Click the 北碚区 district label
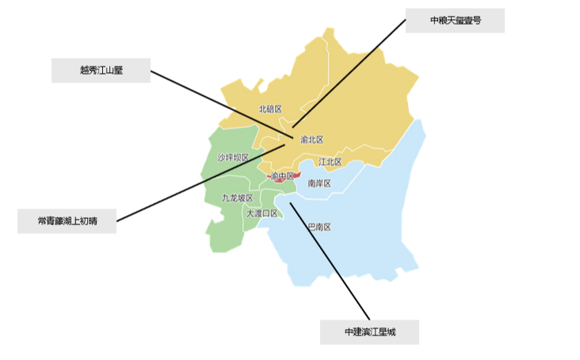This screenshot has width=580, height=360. pos(270,109)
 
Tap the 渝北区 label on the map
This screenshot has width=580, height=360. pos(312,140)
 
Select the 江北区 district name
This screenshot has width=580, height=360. pos(330,162)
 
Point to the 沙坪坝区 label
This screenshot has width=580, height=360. pos(233,158)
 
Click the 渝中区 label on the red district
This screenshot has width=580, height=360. pos(282,176)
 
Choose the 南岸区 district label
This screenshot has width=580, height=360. pos(319,183)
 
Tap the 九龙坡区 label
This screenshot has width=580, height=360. pos(237,197)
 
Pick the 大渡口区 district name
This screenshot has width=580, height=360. pos(261,213)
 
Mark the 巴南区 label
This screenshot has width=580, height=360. pos(319,227)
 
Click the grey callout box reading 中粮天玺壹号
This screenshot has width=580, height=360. pos(455,21)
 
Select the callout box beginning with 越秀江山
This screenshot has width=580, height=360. pos(101,70)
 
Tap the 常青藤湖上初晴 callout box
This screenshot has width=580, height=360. pos(67,221)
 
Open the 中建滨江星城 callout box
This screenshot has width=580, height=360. pos(369,331)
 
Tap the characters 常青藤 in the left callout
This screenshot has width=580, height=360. pos(50,221)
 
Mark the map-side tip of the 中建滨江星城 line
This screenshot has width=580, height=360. pos(290,204)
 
